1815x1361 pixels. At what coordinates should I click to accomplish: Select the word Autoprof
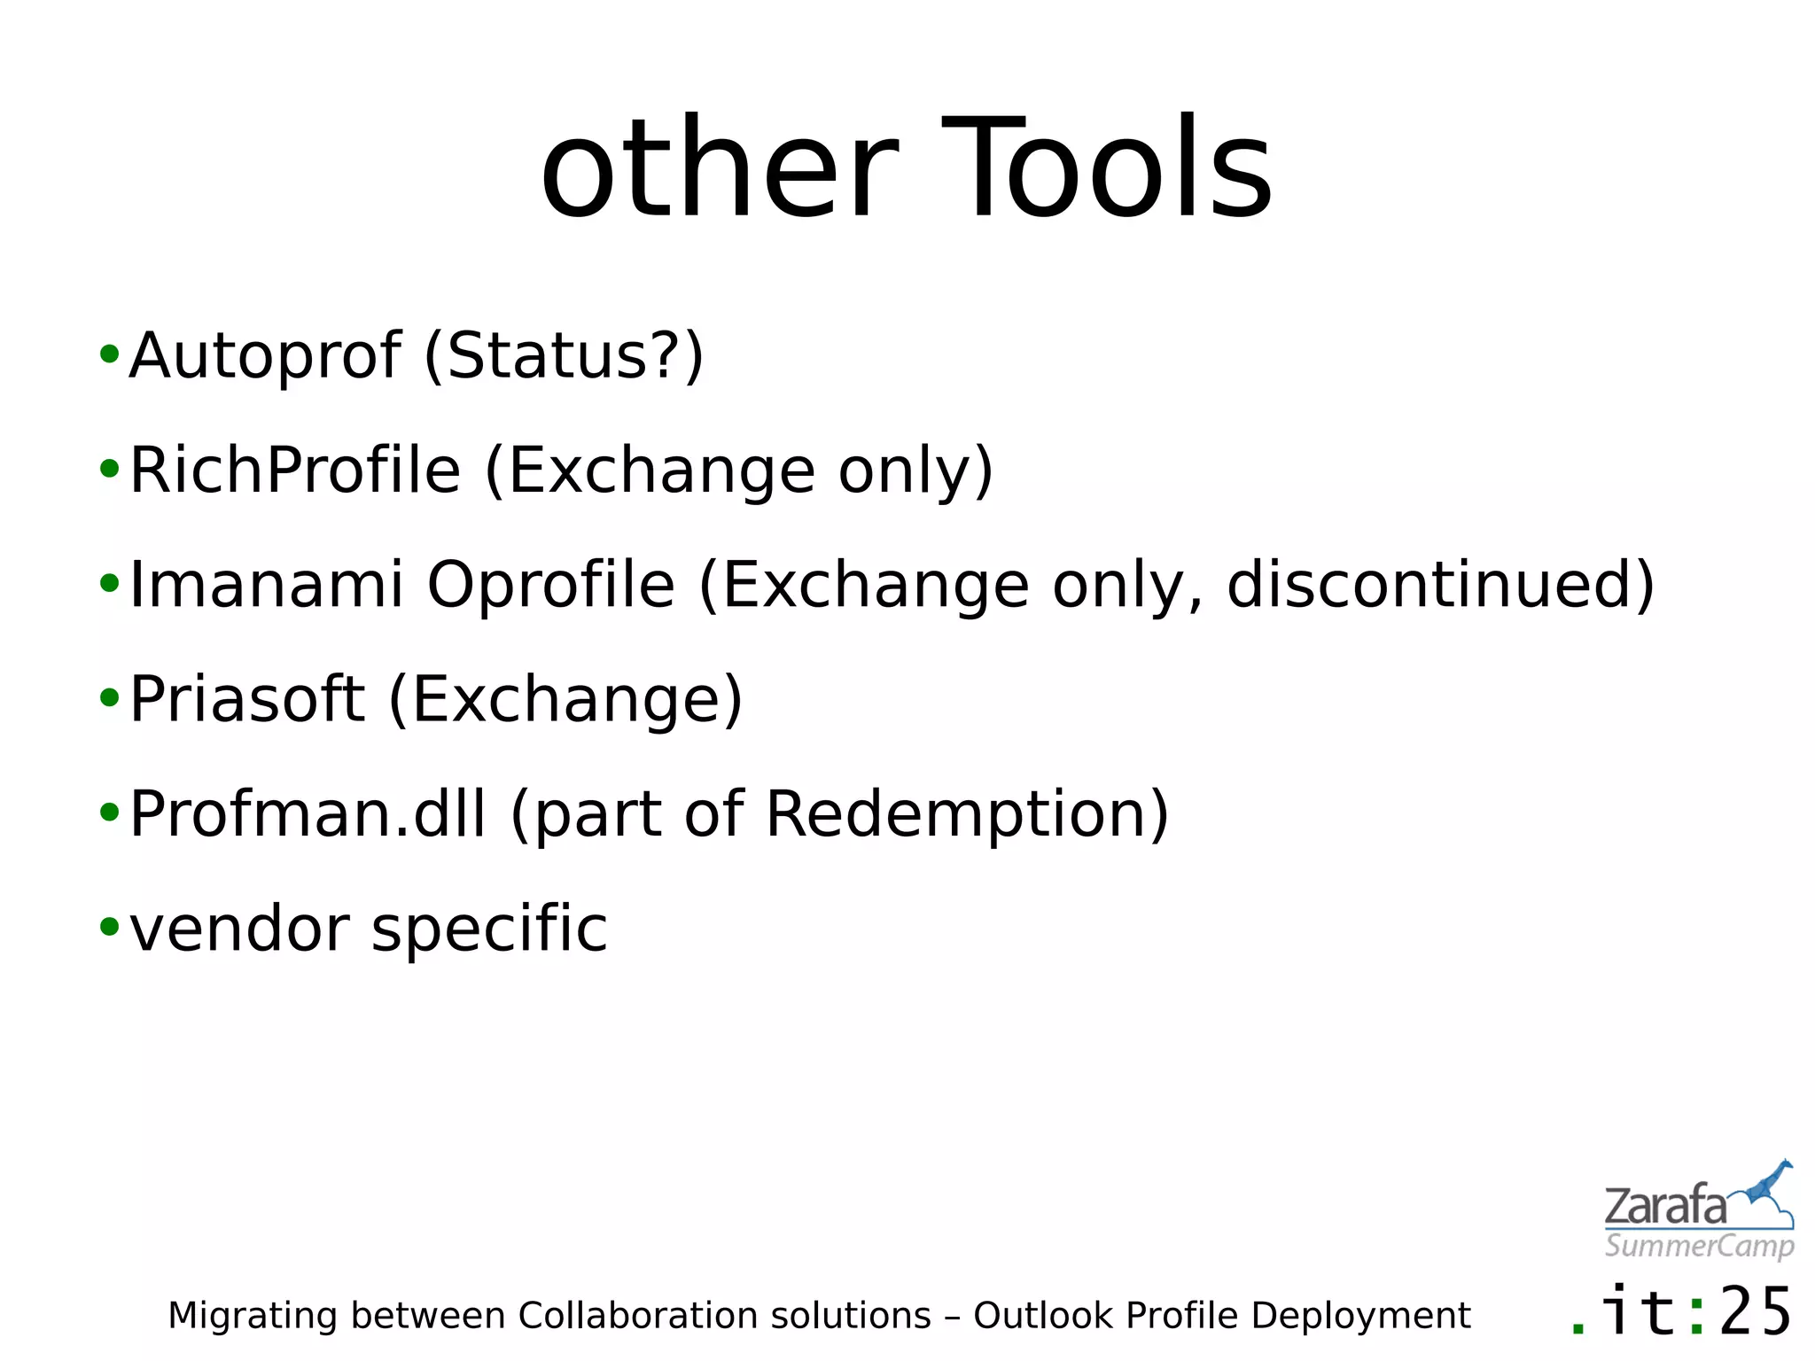point(265,356)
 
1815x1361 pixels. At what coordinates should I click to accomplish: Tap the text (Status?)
point(564,356)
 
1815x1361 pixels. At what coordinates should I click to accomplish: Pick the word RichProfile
point(295,471)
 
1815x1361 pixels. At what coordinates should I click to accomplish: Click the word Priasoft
point(247,700)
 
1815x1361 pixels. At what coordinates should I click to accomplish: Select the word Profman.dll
point(308,814)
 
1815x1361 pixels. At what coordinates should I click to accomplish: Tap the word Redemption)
point(967,814)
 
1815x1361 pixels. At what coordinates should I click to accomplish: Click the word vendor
point(239,929)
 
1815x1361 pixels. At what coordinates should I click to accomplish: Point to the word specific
point(489,929)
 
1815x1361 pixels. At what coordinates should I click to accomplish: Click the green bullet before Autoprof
point(109,355)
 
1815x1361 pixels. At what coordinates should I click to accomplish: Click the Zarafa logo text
point(1665,1207)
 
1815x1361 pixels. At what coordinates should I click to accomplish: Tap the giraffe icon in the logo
point(1767,1187)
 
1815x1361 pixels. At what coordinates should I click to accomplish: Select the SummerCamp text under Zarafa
point(1699,1247)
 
